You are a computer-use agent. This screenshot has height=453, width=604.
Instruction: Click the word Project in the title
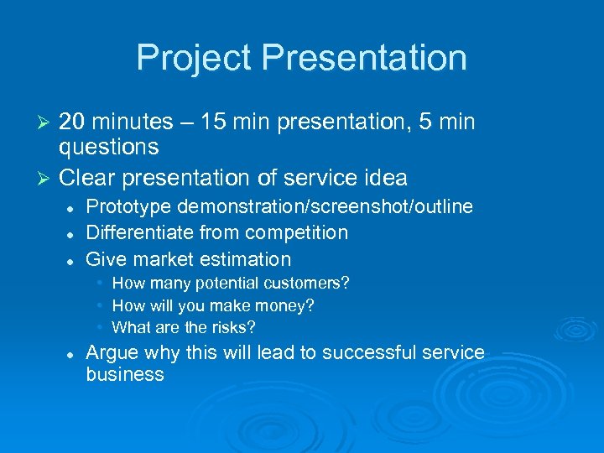point(194,59)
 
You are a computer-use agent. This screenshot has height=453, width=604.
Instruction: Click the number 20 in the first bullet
point(71,122)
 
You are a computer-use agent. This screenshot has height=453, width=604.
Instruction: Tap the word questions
point(108,148)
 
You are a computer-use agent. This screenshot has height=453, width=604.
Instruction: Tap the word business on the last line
point(125,375)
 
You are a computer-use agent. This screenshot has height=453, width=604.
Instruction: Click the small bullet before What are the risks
point(100,327)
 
